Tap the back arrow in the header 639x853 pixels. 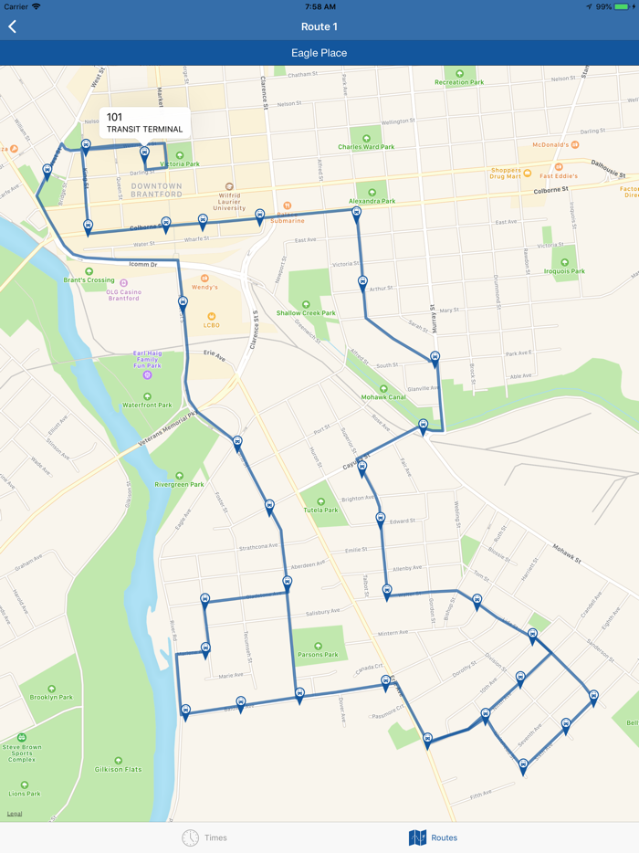coord(13,27)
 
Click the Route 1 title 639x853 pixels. coord(319,26)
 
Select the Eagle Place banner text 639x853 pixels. coord(319,53)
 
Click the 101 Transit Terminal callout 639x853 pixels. coord(144,122)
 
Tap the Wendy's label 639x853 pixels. coord(204,287)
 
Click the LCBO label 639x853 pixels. coord(212,325)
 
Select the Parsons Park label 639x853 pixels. coord(318,654)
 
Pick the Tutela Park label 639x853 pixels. coord(319,510)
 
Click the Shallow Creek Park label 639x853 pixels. coord(306,312)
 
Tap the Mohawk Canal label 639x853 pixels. coord(383,397)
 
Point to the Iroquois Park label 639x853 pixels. coord(564,270)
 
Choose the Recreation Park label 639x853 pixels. coord(459,82)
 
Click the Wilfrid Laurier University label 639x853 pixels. coord(230,202)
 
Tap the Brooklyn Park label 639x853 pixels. coord(51,697)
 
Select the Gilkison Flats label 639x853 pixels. coord(119,769)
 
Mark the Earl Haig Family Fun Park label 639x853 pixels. coord(147,359)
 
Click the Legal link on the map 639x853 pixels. coord(15,813)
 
